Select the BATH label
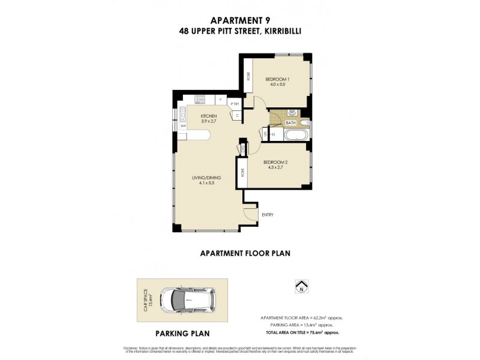290,123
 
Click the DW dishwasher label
183,127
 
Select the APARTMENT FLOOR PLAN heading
245,253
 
